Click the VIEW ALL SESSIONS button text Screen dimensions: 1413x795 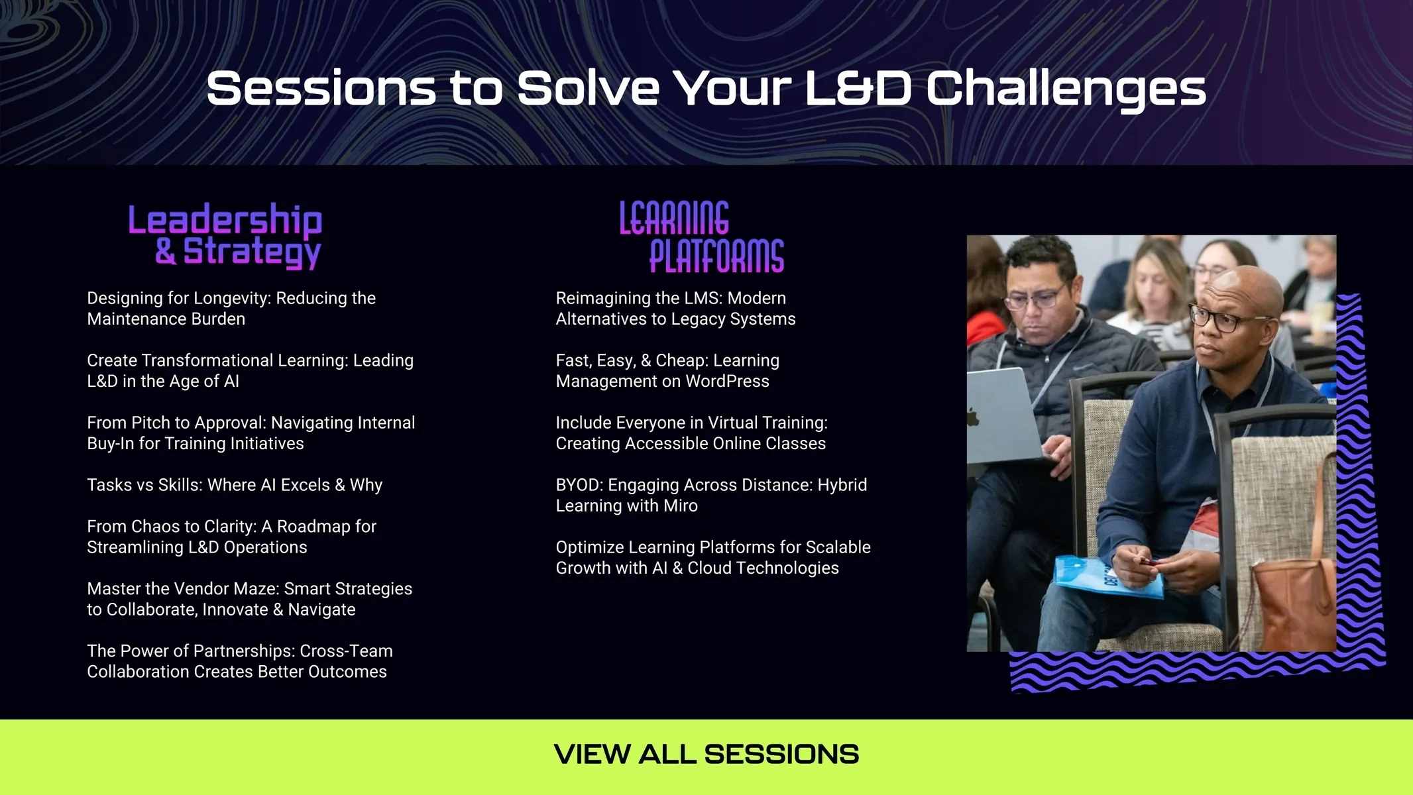pyautogui.click(x=706, y=755)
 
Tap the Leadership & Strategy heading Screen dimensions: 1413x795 pyautogui.click(x=225, y=236)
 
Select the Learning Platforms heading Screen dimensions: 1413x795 pyautogui.click(x=702, y=237)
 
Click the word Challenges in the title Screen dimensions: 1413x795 pyautogui.click(x=1066, y=89)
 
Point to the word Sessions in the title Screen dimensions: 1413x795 pyautogui.click(x=321, y=89)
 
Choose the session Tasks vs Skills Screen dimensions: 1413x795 pyautogui.click(x=235, y=485)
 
